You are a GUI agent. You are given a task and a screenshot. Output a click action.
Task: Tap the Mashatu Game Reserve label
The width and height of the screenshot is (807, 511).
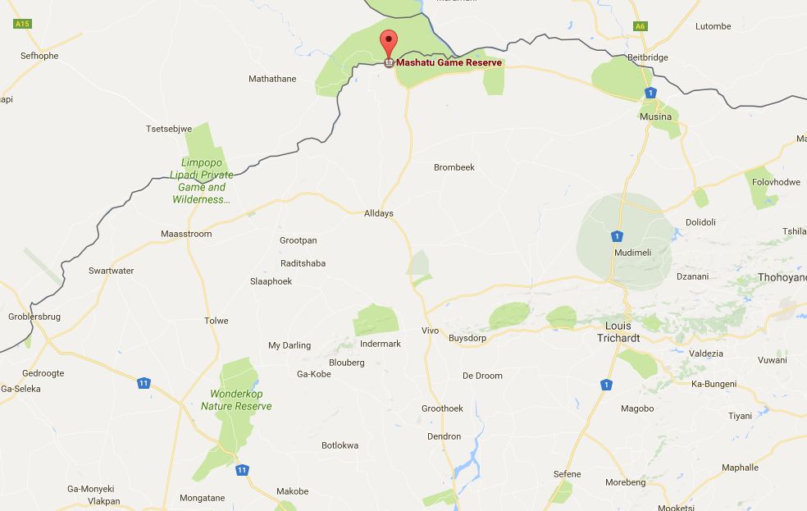click(449, 62)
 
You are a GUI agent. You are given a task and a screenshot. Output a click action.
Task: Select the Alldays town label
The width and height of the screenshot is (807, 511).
click(379, 213)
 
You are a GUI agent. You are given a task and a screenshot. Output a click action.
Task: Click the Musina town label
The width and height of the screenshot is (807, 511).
click(655, 116)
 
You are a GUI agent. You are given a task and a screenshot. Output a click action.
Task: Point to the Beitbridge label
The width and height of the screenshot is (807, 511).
click(648, 57)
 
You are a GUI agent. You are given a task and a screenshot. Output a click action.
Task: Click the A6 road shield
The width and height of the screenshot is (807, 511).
click(640, 26)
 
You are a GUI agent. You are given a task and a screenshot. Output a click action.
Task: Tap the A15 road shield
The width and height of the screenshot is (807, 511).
click(22, 25)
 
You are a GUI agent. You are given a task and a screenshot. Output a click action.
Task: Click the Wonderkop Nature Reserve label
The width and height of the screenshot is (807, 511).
click(236, 400)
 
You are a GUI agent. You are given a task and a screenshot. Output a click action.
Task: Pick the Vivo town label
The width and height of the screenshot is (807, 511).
click(430, 331)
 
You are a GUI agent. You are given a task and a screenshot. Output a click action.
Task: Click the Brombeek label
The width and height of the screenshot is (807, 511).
click(454, 167)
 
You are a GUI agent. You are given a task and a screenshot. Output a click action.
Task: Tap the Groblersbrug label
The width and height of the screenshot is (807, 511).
click(34, 317)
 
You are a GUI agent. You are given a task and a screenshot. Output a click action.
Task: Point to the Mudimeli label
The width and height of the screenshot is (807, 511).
click(633, 253)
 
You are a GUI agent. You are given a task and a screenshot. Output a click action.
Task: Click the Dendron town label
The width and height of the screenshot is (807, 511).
click(445, 436)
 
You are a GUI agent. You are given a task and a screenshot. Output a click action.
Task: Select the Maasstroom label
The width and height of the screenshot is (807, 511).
click(186, 234)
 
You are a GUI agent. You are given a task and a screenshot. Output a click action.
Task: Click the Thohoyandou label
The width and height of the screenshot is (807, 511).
click(782, 277)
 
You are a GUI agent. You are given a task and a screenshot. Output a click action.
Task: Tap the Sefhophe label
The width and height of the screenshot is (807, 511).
click(39, 56)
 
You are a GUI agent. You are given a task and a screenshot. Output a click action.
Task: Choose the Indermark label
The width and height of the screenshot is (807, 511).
click(381, 344)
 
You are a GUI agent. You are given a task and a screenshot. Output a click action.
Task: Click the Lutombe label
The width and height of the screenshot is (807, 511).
click(713, 26)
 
